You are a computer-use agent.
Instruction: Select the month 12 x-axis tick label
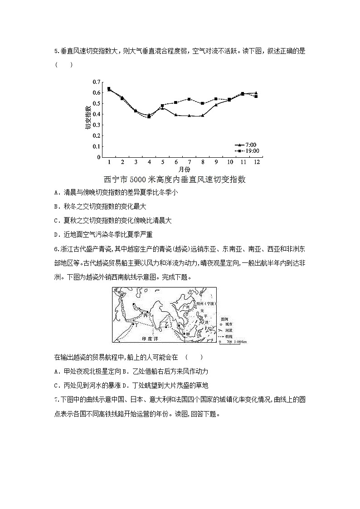[x=256, y=162]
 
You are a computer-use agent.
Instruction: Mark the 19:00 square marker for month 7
[x=189, y=99]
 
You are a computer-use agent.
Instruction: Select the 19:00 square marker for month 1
[x=109, y=89]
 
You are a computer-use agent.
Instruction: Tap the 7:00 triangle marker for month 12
[x=256, y=93]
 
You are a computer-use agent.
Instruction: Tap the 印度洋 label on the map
[x=151, y=339]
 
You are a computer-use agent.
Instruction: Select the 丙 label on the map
[x=146, y=314]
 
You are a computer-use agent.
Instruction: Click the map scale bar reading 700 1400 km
[x=233, y=342]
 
